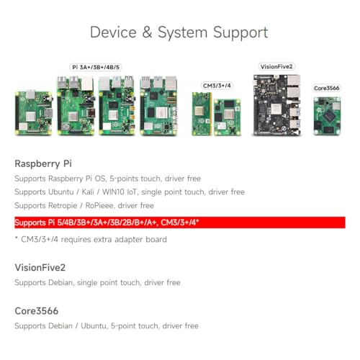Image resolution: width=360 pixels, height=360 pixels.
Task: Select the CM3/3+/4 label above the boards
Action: (x=217, y=86)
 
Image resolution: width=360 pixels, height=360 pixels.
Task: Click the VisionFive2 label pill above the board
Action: (x=276, y=67)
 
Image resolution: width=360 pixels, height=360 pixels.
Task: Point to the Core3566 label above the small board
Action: (x=327, y=88)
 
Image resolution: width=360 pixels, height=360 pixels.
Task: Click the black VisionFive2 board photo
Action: (x=276, y=105)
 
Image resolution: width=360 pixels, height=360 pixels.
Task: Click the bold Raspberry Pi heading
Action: (x=43, y=163)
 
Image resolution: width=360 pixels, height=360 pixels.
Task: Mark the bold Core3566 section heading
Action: (x=37, y=310)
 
